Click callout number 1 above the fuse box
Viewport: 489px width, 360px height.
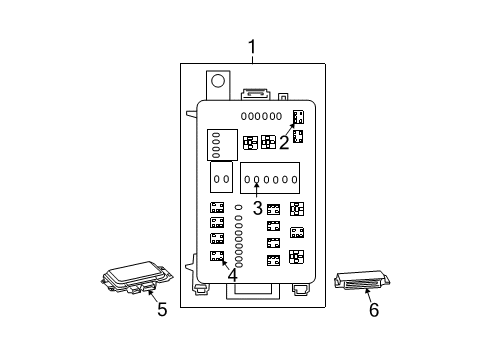coord(252,47)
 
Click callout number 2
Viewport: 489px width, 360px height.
coord(284,142)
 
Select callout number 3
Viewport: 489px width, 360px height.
coord(257,208)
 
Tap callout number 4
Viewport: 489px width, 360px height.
coord(233,275)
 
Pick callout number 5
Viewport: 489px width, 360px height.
coord(162,309)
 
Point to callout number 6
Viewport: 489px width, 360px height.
coord(374,310)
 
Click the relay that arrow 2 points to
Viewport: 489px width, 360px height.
coord(298,117)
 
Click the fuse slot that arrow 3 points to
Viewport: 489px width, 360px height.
coord(256,179)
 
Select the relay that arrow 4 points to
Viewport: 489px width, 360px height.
coord(217,256)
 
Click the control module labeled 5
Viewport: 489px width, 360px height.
coord(137,277)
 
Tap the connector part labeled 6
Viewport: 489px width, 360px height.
coord(362,280)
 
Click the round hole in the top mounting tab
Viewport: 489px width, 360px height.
coord(218,81)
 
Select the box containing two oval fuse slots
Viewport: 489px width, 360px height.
coord(221,177)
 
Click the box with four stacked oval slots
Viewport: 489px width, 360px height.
coord(222,145)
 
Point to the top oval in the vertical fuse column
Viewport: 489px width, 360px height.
coord(238,207)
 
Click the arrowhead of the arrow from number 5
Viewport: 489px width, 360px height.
coord(149,291)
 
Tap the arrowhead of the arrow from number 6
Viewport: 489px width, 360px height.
coord(366,291)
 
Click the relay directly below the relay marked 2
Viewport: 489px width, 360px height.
coord(298,136)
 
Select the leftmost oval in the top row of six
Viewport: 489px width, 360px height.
coord(244,116)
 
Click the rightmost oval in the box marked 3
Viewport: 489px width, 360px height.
coord(294,179)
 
